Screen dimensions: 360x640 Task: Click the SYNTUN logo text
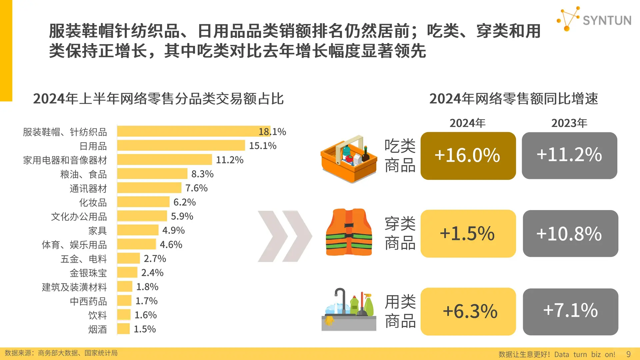click(607, 21)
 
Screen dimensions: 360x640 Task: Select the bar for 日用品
click(181, 146)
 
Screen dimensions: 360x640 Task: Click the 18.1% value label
click(272, 132)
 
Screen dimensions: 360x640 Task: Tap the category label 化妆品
click(93, 202)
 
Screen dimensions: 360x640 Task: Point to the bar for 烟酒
click(123, 329)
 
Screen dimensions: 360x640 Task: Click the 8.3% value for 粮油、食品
click(202, 174)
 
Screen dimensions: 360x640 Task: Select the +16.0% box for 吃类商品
click(468, 156)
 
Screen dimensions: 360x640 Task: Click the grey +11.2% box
click(569, 156)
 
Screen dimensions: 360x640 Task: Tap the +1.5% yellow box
click(468, 233)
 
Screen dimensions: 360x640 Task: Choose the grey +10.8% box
click(570, 233)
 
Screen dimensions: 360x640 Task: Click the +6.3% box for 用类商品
click(468, 311)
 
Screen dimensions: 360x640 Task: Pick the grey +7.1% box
click(570, 311)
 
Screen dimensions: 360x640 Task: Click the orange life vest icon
click(349, 232)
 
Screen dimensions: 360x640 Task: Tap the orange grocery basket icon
click(348, 159)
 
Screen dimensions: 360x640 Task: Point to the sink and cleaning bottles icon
click(349, 310)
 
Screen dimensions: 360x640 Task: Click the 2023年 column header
click(569, 123)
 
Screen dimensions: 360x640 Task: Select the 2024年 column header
click(467, 123)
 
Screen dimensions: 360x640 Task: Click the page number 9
click(628, 354)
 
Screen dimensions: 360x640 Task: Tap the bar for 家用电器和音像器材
click(164, 160)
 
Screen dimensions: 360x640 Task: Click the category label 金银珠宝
click(88, 273)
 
